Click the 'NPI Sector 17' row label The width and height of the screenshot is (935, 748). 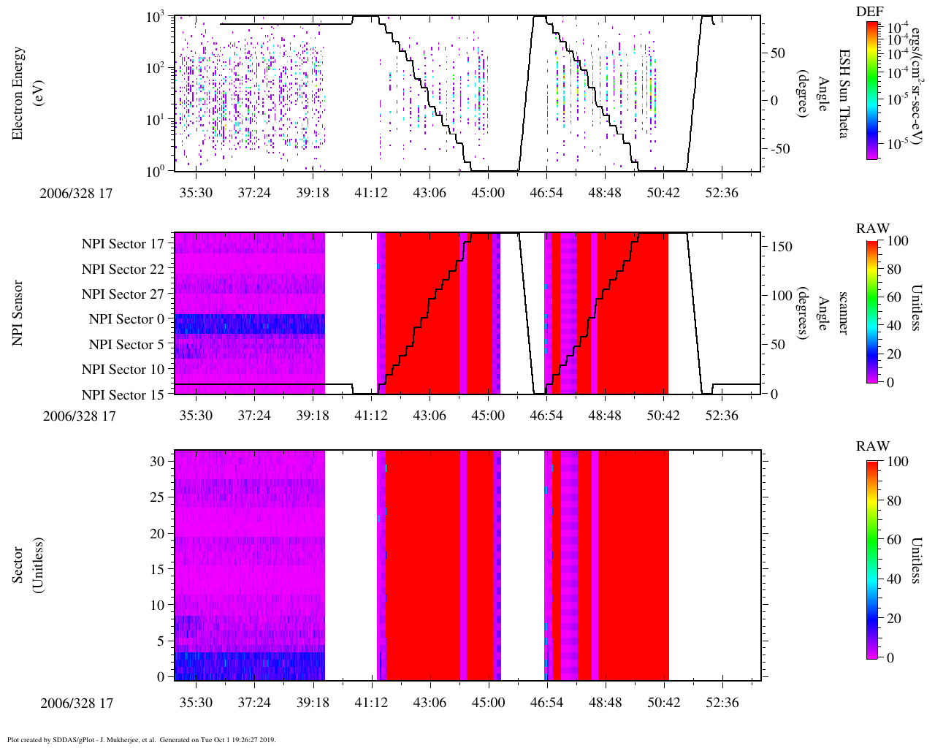tap(123, 244)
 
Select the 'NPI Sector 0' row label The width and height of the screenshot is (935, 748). tap(126, 319)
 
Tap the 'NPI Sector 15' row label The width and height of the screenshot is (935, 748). tap(123, 395)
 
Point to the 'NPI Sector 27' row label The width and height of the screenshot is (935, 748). tap(123, 294)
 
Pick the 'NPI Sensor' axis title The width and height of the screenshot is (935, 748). tap(18, 313)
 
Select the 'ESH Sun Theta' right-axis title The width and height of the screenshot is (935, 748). tap(844, 93)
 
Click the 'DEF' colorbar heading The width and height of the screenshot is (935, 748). tap(869, 12)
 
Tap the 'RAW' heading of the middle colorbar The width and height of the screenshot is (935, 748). tap(872, 229)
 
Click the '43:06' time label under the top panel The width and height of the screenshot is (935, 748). tap(430, 193)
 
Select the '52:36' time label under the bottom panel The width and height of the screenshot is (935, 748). tap(722, 703)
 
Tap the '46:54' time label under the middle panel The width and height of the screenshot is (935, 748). tap(546, 416)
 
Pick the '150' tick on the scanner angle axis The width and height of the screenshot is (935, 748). tap(782, 247)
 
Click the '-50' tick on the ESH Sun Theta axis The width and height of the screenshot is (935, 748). tap(778, 149)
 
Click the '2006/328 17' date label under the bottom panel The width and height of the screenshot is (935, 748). tap(77, 703)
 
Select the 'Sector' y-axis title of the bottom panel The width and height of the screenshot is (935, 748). tap(27, 565)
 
